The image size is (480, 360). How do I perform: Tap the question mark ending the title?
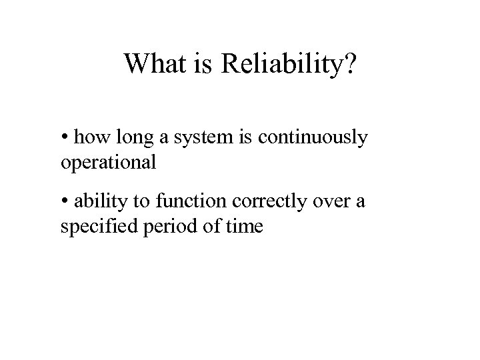tap(350, 64)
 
